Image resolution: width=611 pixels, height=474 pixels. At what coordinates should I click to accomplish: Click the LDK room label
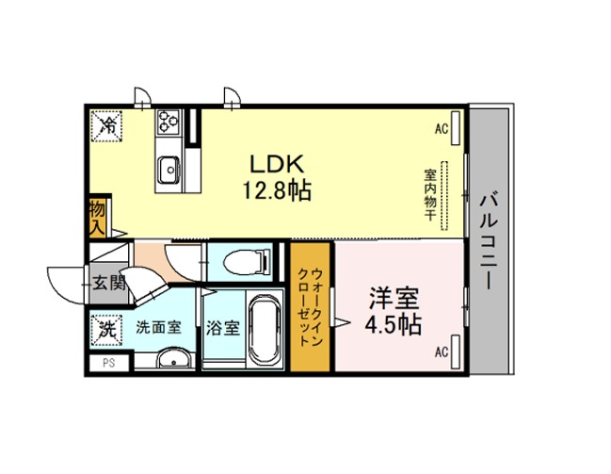click(x=276, y=164)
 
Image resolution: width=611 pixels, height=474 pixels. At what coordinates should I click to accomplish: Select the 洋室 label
click(x=394, y=299)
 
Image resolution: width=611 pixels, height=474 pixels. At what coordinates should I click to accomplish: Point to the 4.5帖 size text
click(x=394, y=323)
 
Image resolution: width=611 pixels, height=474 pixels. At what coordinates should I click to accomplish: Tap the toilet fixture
click(x=247, y=261)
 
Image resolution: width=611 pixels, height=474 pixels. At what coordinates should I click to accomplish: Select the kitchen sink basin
click(x=169, y=170)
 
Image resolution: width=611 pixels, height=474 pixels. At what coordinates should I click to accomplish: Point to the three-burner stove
click(x=168, y=121)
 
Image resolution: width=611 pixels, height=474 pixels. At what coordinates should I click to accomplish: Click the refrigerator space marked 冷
click(x=106, y=124)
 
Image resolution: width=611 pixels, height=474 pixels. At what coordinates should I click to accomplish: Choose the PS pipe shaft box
click(x=108, y=363)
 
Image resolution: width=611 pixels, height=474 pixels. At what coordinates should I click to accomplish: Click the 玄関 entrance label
click(x=109, y=283)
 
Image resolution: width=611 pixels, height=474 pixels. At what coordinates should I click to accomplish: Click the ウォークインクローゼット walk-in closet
click(x=310, y=307)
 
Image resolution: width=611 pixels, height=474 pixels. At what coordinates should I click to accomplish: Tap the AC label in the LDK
click(x=442, y=128)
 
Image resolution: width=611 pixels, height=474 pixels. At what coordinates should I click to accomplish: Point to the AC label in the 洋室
click(x=442, y=351)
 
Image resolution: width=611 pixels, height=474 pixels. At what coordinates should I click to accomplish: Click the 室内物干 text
click(x=430, y=194)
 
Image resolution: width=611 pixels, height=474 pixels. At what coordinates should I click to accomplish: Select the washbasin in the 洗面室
click(x=174, y=358)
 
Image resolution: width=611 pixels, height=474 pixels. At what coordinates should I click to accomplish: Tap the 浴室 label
click(x=222, y=328)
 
